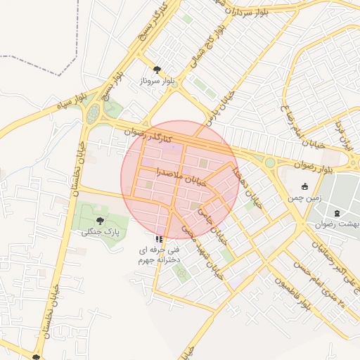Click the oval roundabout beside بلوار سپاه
click(x=93, y=113)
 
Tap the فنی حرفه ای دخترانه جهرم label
click(x=161, y=255)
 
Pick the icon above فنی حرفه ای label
click(x=160, y=239)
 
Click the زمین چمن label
click(x=304, y=198)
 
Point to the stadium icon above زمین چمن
click(x=304, y=186)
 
